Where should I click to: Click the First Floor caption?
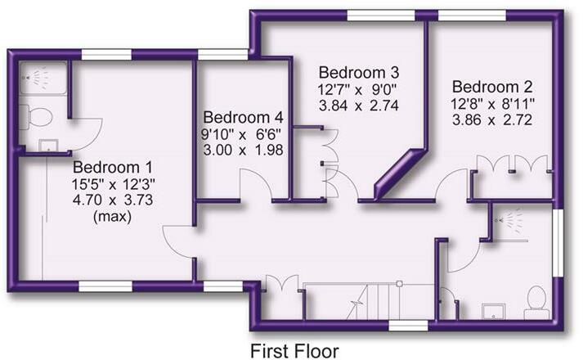[294, 350]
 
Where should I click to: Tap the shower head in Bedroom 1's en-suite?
[34, 76]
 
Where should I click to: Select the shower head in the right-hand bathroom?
[511, 219]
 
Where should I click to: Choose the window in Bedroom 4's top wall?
[223, 54]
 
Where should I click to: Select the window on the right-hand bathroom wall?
[559, 242]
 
